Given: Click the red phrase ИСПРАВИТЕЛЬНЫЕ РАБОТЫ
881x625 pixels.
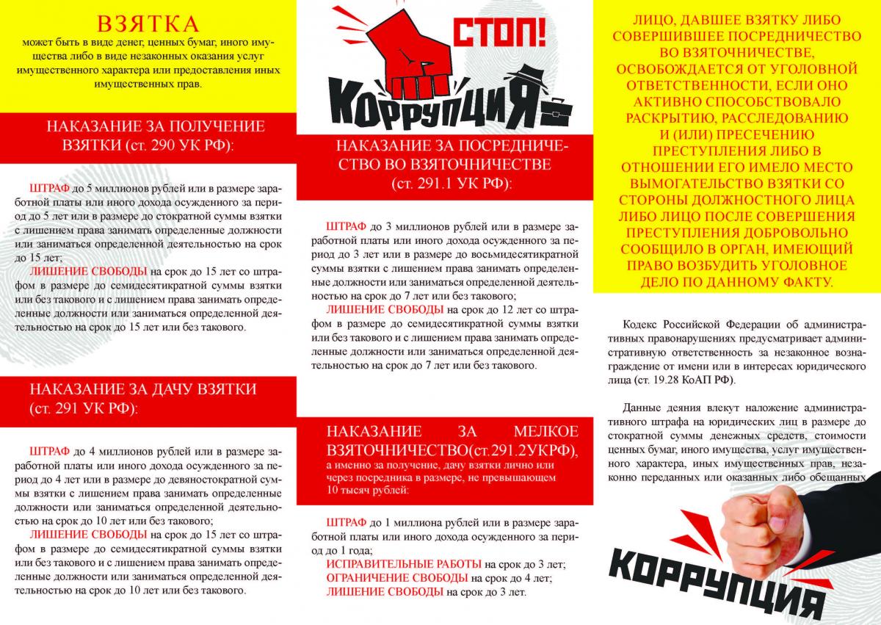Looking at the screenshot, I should click(403, 563).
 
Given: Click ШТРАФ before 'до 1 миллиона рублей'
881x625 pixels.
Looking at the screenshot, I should click(345, 522).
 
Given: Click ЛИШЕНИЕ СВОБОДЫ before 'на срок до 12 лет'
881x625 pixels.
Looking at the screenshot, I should click(385, 309).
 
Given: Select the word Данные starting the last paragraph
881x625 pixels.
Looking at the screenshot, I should click(642, 408).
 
